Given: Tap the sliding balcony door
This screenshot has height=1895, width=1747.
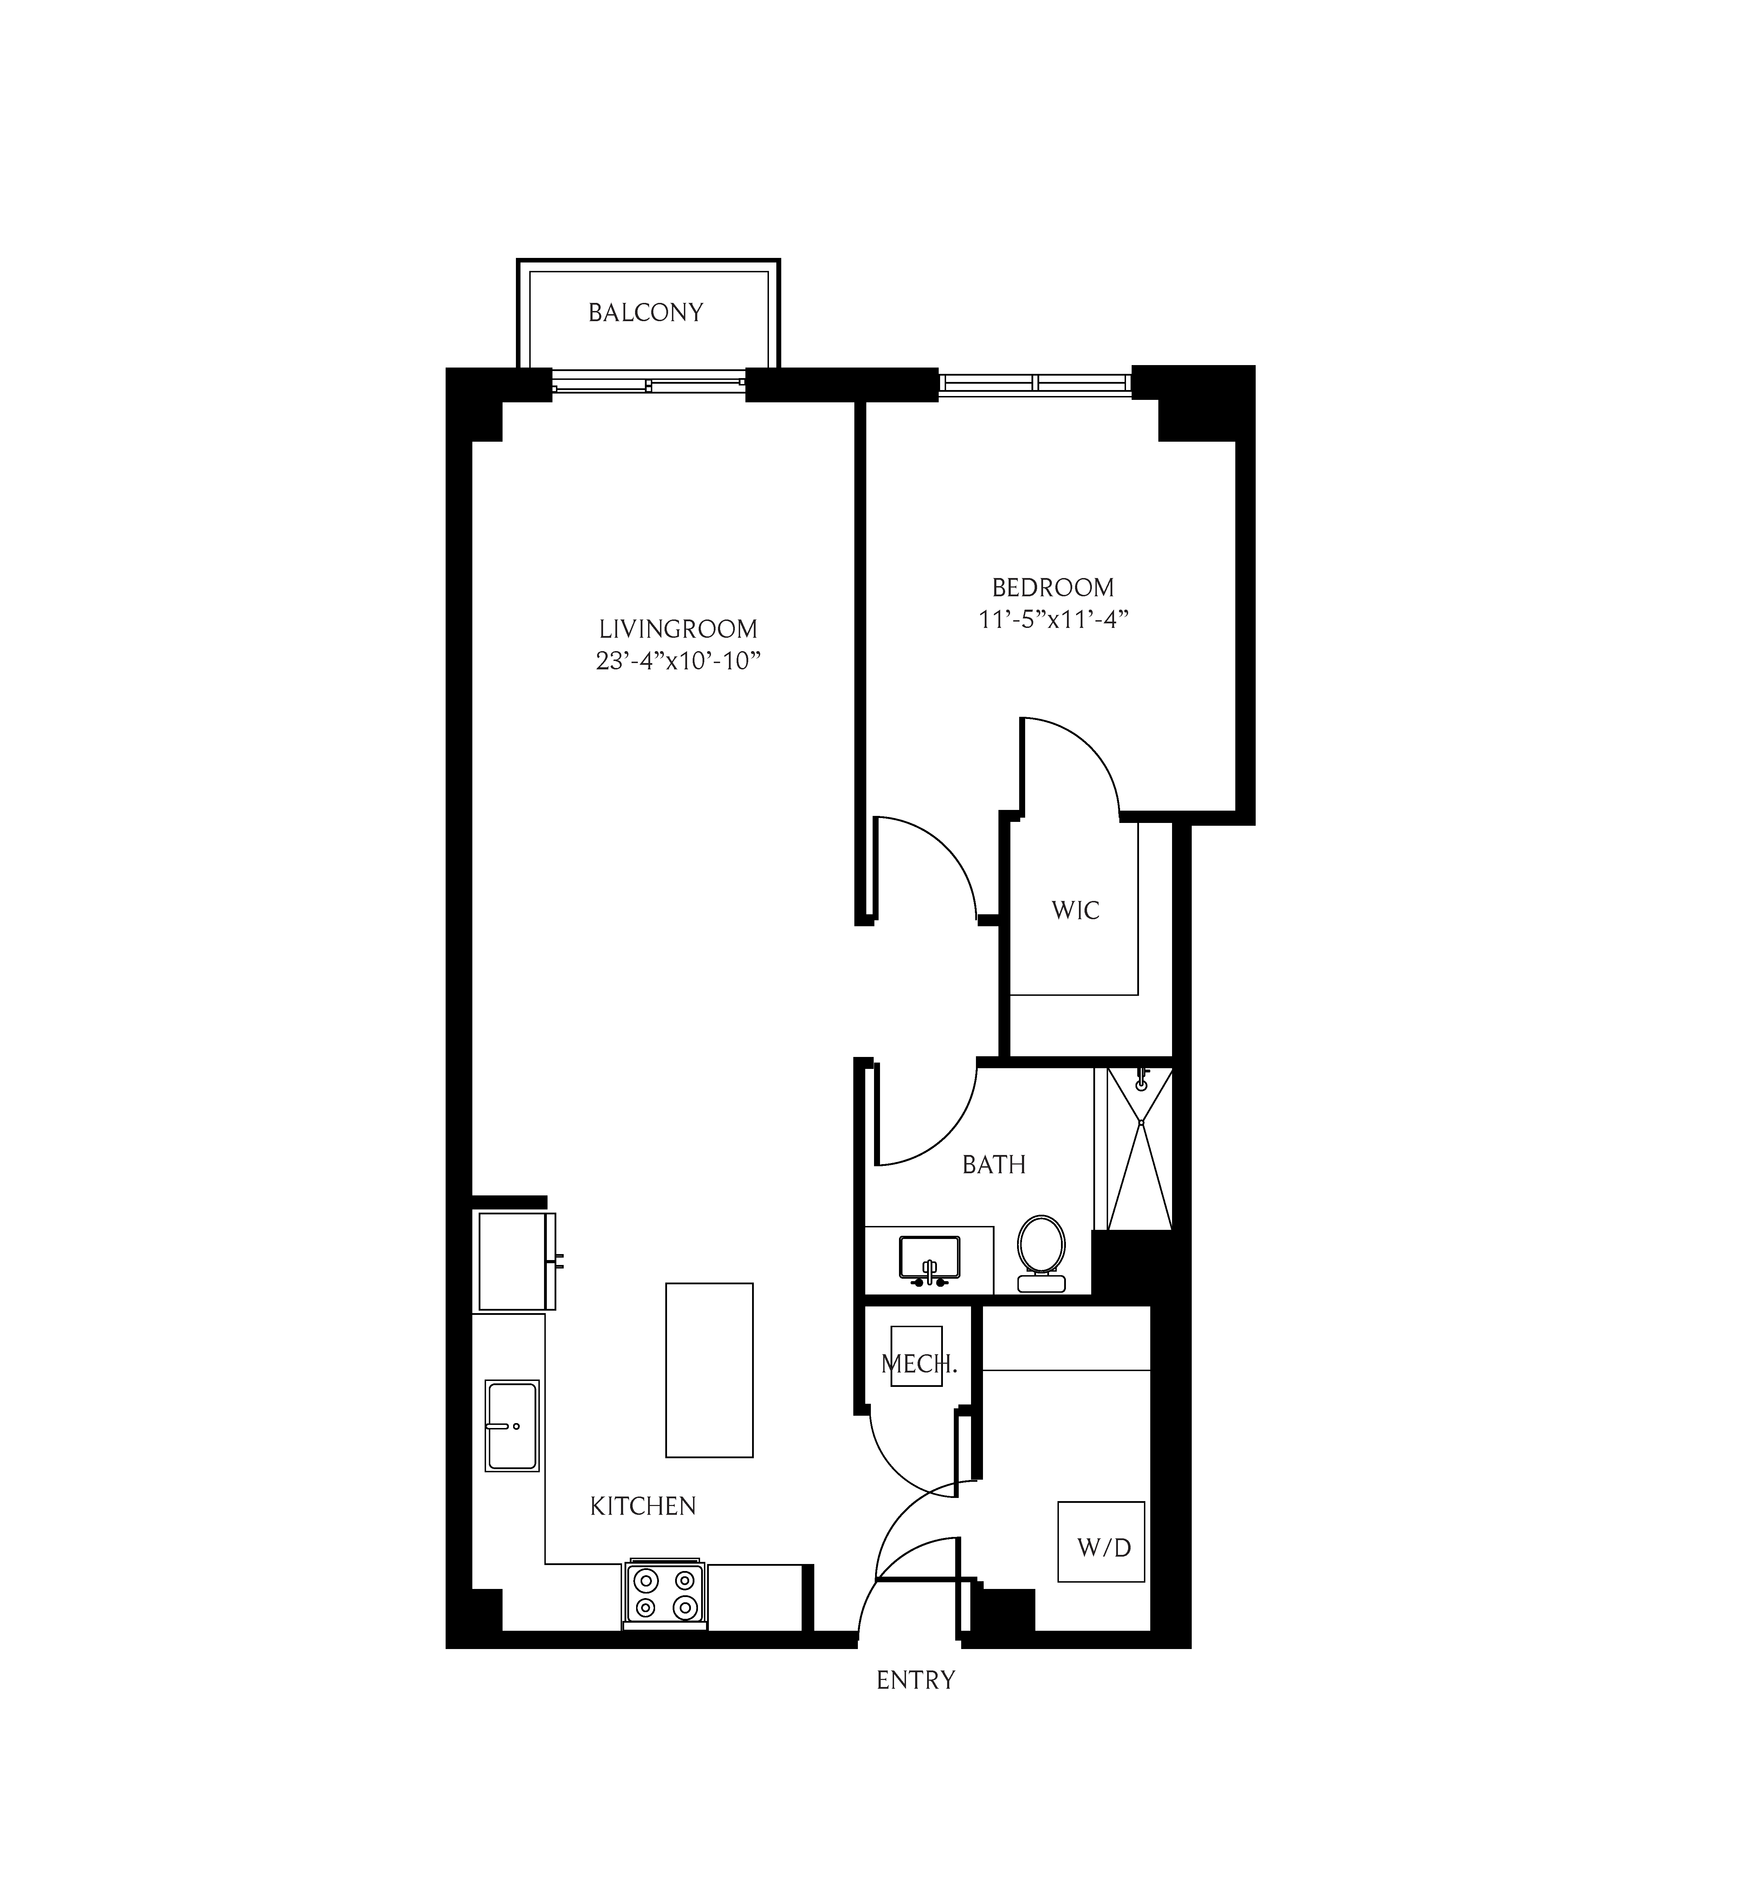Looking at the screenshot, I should [x=648, y=385].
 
